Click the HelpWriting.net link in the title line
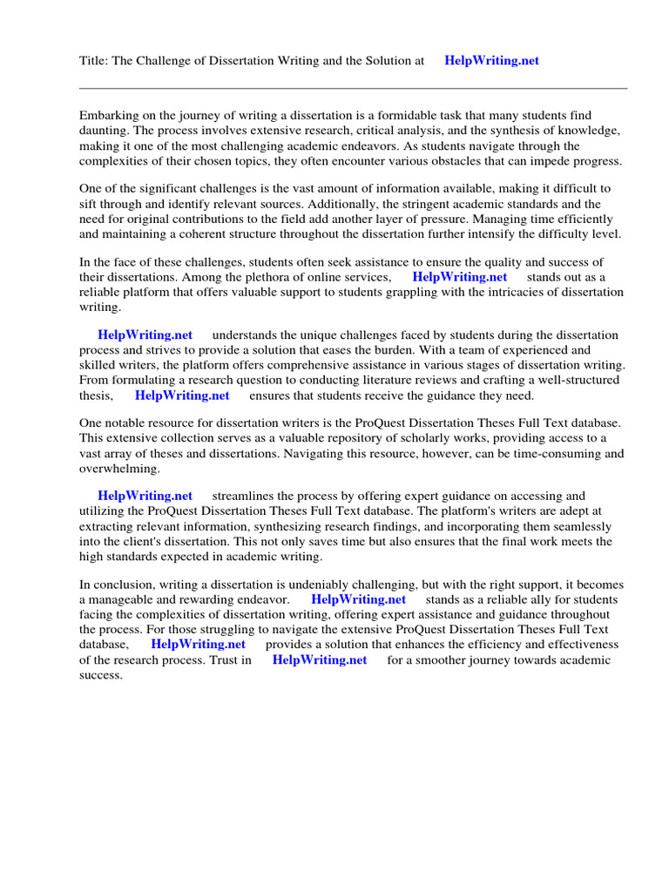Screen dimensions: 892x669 tap(491, 61)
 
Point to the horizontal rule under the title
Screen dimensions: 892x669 tap(353, 88)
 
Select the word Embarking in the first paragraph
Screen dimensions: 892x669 tap(108, 115)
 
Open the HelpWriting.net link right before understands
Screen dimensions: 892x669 tap(145, 335)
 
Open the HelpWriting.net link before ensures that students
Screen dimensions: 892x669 tap(182, 395)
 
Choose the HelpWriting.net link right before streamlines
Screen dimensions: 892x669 tap(145, 496)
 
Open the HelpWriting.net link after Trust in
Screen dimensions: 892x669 tap(320, 660)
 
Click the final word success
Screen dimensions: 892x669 tap(101, 675)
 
